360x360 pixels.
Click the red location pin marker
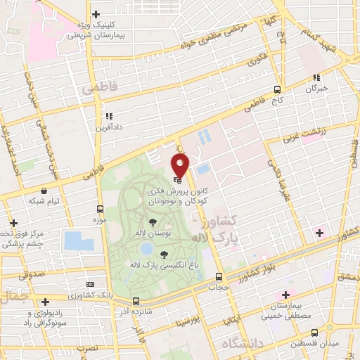point(180,166)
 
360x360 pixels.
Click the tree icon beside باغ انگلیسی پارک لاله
point(164,255)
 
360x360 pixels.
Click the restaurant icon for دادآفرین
point(108,116)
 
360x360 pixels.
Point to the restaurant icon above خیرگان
point(317,77)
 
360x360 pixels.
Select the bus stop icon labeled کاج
point(277,89)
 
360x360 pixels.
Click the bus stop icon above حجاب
point(219,276)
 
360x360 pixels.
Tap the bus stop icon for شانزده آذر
point(136,301)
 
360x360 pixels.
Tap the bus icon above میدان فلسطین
point(314,333)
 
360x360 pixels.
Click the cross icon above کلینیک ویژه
point(96,14)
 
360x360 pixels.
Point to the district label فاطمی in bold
point(96,89)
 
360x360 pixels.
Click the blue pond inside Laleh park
point(146,249)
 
